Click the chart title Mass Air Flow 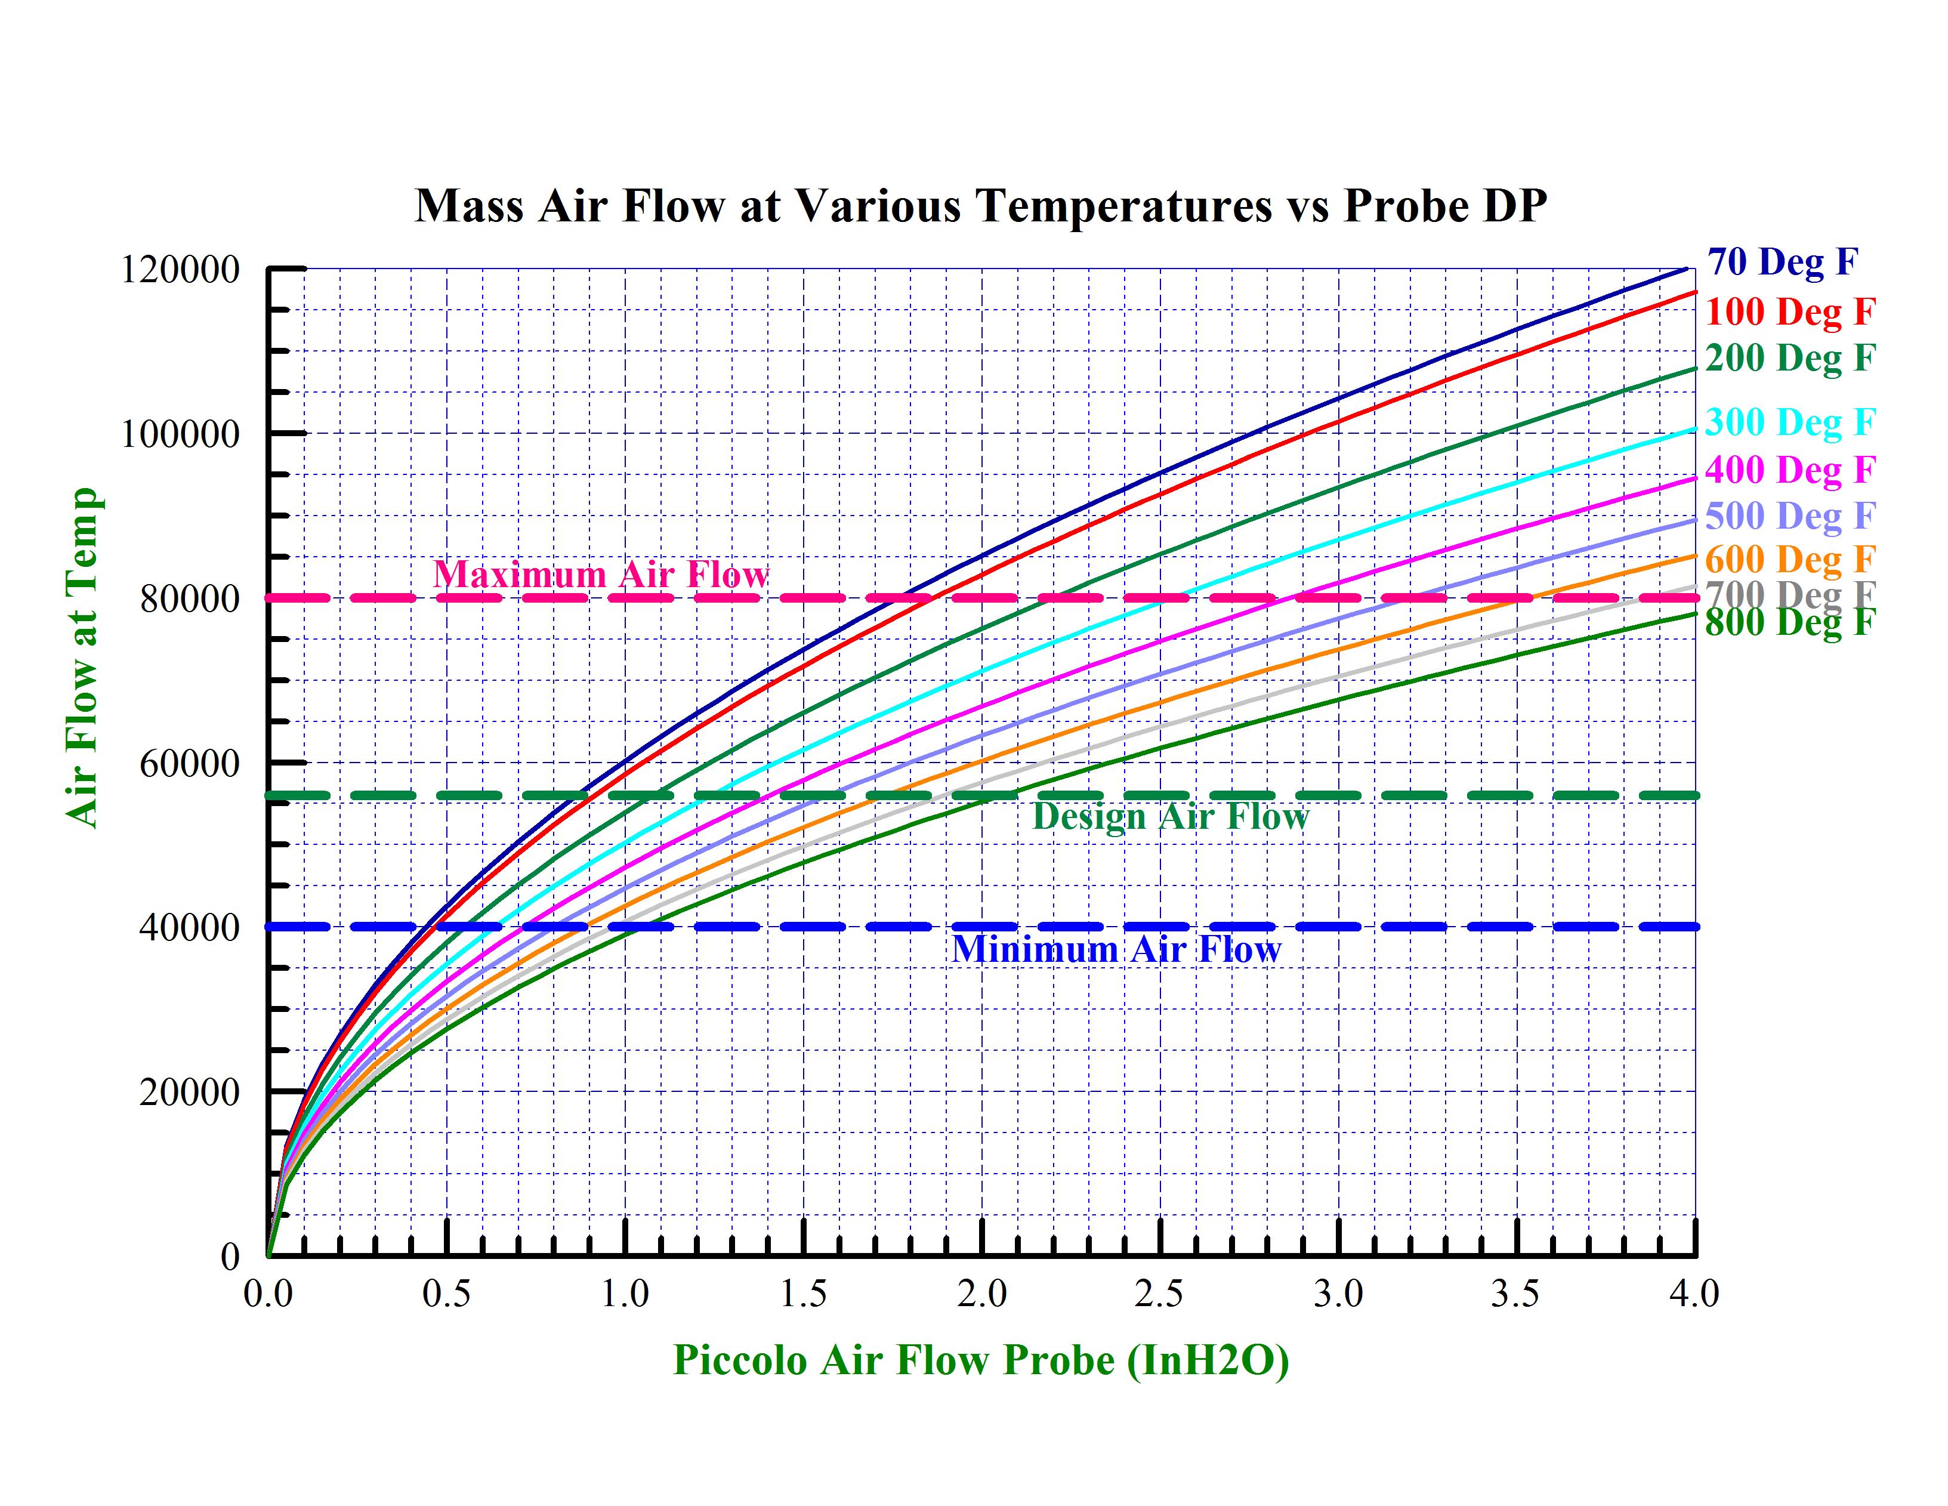point(980,205)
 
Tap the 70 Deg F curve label point(1782,263)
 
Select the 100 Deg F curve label point(1790,311)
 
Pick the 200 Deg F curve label point(1790,358)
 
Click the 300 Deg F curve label point(1790,422)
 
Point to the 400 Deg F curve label point(1790,470)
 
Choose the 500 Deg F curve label point(1790,516)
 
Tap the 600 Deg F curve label point(1790,560)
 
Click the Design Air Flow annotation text point(1169,816)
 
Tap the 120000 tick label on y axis point(180,270)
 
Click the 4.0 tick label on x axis point(1694,1294)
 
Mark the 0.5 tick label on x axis point(446,1294)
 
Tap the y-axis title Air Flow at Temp point(82,658)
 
